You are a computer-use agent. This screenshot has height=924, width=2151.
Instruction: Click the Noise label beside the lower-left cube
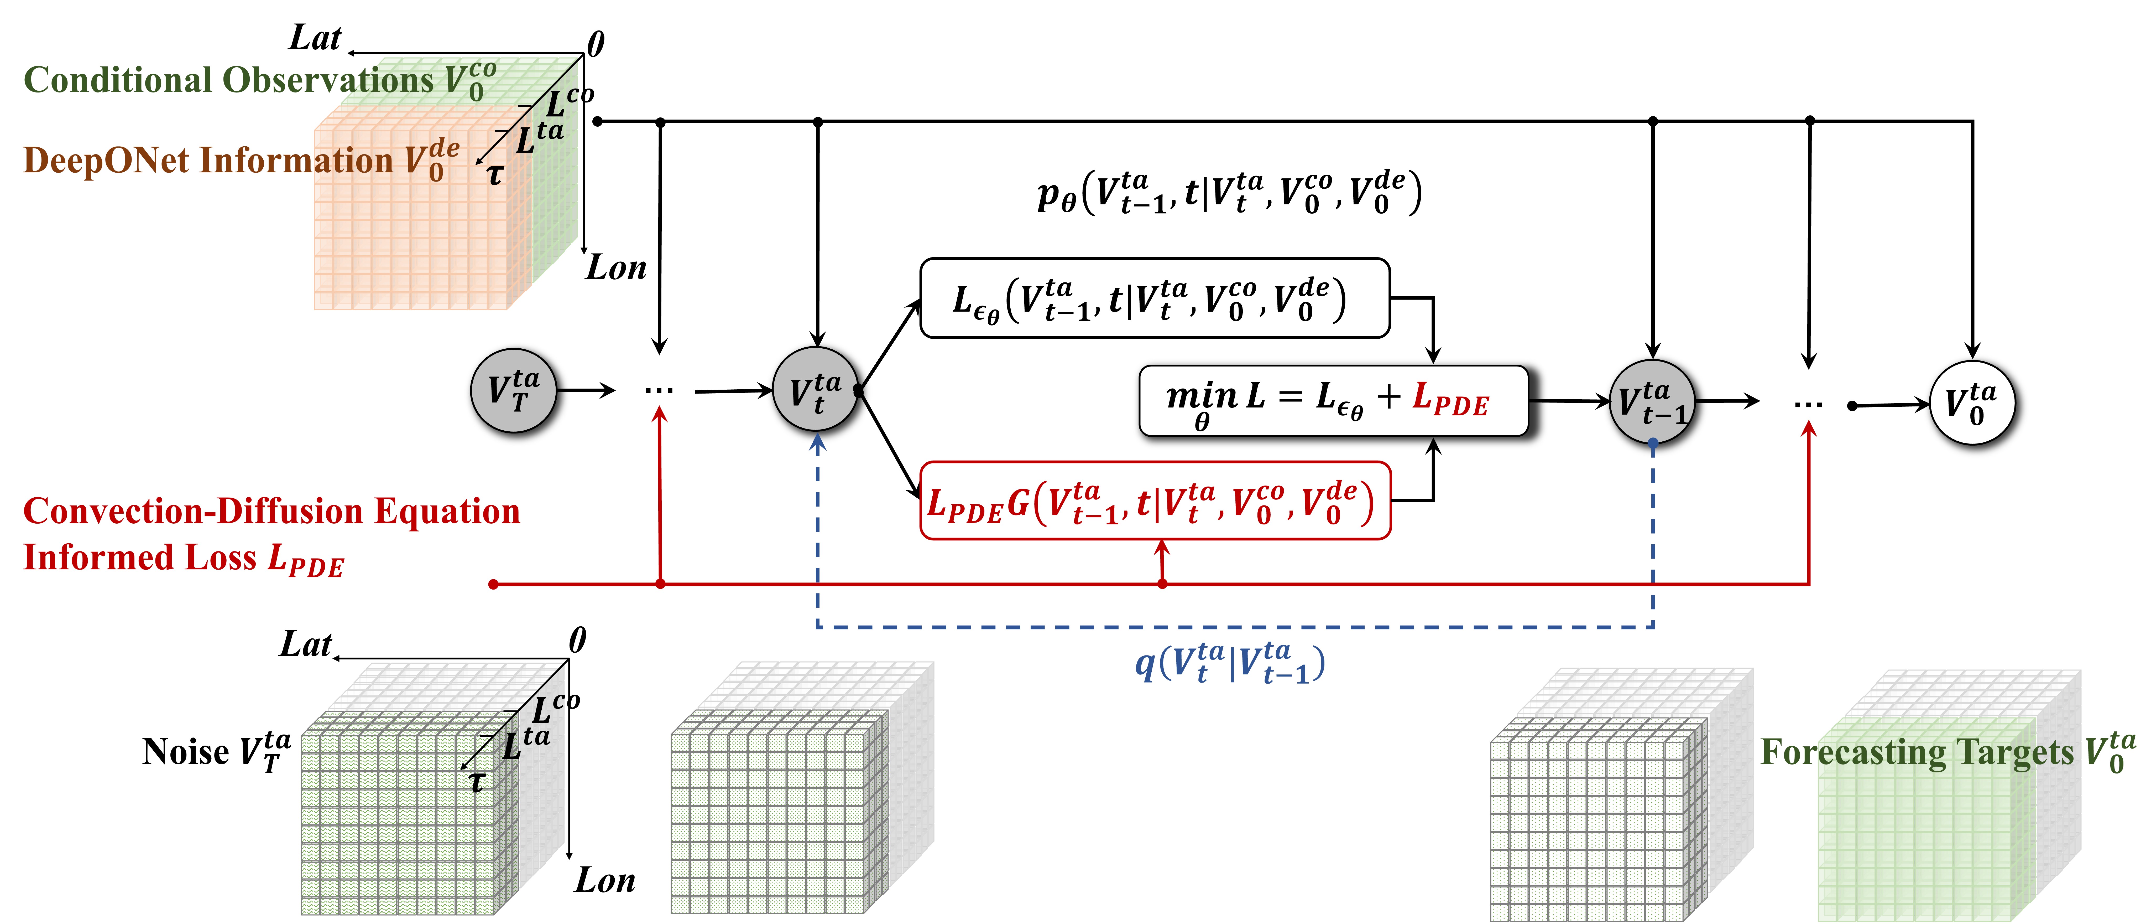click(x=185, y=752)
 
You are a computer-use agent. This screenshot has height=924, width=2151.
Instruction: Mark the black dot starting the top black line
click(x=597, y=121)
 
